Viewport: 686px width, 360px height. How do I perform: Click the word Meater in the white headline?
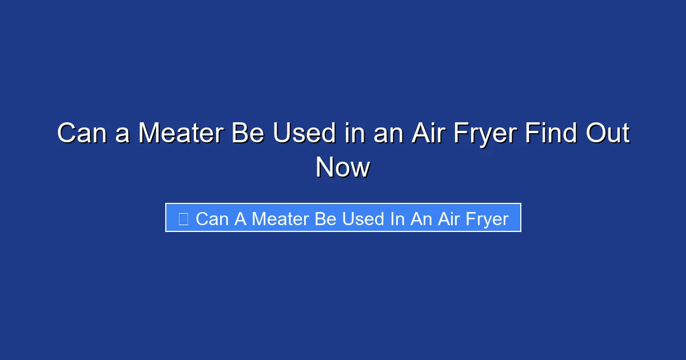tap(181, 134)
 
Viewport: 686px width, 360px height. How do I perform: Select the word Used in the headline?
tap(304, 134)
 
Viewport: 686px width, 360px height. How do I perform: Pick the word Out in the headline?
tap(608, 134)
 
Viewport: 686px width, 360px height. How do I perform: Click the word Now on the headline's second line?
tap(343, 167)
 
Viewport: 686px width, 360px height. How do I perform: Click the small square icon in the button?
tap(184, 218)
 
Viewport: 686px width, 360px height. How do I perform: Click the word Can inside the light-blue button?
tap(212, 218)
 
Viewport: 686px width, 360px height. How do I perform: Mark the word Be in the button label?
tap(325, 218)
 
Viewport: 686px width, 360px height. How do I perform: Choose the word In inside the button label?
tap(397, 218)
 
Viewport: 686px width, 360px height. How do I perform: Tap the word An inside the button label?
tap(421, 218)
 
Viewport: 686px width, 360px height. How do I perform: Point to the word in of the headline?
tap(352, 134)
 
